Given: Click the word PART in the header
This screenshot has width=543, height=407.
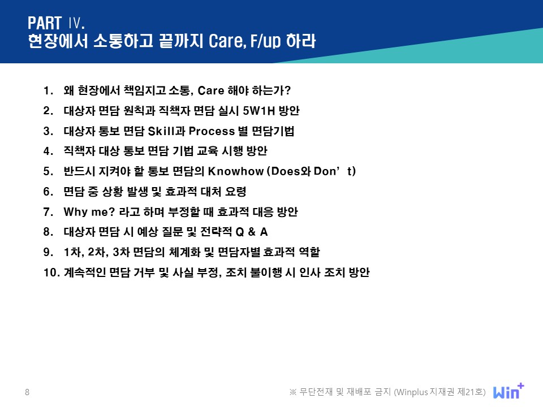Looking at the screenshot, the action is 45,23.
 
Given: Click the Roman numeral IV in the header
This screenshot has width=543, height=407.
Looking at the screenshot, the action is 76,23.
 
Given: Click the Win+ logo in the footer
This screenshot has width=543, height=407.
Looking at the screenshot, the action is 508,391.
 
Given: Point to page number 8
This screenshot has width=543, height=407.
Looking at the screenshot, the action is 27,392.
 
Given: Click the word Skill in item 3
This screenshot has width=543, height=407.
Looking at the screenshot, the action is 161,131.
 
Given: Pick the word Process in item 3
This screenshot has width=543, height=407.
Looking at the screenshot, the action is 212,131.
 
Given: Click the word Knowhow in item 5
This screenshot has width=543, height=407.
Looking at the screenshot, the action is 236,171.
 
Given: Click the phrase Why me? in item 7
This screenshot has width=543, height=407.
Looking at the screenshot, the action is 89,212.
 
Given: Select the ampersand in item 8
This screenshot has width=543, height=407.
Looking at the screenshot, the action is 252,232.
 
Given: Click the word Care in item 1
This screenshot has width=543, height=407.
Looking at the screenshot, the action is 211,90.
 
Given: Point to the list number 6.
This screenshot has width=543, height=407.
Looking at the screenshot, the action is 48,192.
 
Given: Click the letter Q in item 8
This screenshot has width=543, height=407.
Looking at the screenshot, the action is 240,232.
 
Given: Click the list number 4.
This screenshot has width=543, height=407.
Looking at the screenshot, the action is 48,151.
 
